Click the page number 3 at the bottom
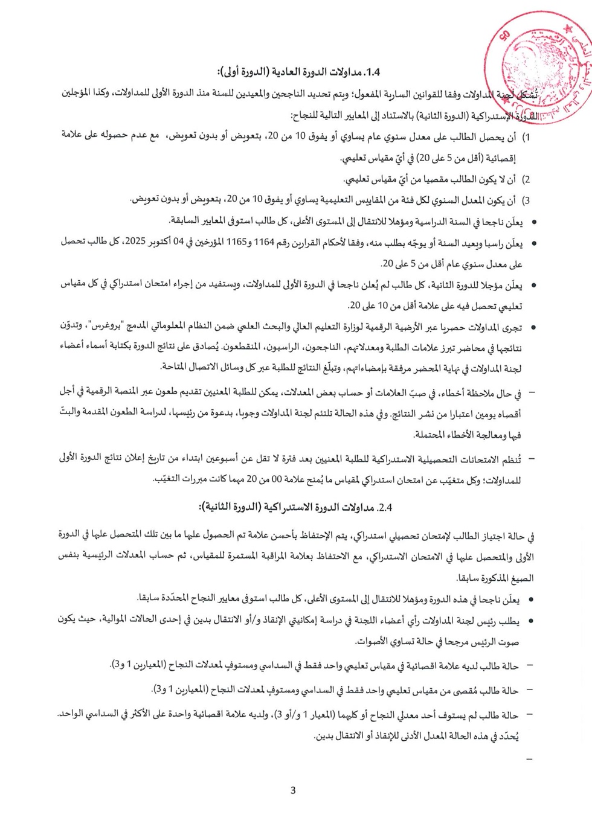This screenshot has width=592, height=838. point(293,790)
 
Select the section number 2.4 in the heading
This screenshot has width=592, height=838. point(385,507)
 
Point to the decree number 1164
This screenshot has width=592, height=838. point(264,242)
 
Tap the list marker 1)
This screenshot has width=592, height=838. point(526,138)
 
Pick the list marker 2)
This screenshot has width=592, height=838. point(526,180)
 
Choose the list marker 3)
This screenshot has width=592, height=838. point(526,200)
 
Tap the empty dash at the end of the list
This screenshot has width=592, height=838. point(530,759)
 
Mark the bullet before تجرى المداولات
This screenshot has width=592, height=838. point(533,328)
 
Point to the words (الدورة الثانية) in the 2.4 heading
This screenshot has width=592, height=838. point(229,507)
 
